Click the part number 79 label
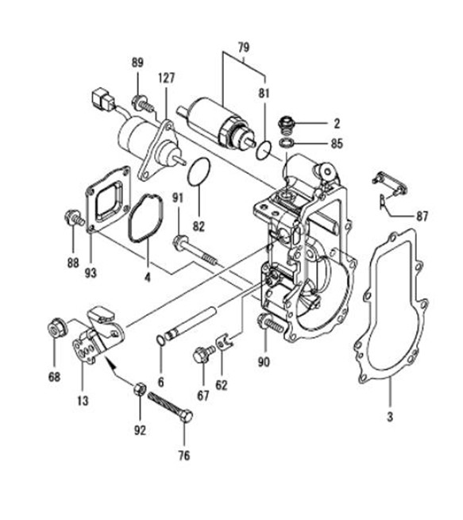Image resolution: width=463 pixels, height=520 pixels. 243,48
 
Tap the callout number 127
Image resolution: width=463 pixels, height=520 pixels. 166,78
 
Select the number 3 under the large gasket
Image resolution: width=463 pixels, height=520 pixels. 390,417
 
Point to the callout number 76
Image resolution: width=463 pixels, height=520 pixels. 184,456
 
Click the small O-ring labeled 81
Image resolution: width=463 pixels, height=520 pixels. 264,149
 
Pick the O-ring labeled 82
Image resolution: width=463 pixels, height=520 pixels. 199,171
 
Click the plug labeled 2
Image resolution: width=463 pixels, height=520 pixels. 286,125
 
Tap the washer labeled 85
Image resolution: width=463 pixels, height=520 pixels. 287,143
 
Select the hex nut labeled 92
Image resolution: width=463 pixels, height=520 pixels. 140,388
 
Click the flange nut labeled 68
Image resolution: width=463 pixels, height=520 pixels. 56,329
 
